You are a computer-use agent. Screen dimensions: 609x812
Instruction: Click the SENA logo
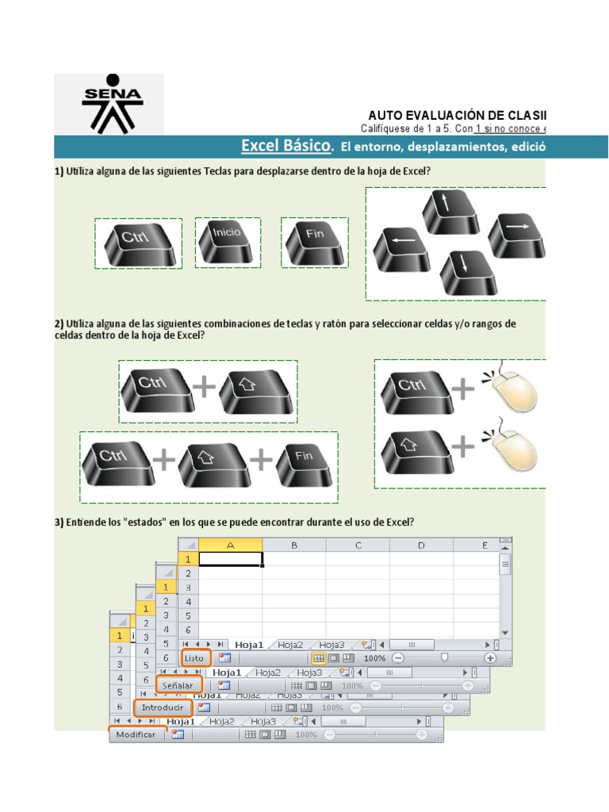click(x=112, y=103)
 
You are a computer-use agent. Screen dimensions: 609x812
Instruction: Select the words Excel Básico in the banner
click(x=285, y=146)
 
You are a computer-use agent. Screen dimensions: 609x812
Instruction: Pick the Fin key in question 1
click(x=315, y=242)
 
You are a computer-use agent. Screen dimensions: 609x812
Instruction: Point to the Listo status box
click(x=195, y=657)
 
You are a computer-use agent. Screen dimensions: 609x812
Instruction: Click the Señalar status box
click(x=178, y=684)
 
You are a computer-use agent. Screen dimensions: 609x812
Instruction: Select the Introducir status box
click(x=163, y=707)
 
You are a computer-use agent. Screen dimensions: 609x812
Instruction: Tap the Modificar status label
click(x=136, y=734)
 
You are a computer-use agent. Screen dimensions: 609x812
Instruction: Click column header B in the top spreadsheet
click(x=293, y=546)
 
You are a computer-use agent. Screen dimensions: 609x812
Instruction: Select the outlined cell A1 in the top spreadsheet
click(x=230, y=559)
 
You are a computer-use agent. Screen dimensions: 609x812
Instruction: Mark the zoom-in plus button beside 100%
click(x=490, y=657)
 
